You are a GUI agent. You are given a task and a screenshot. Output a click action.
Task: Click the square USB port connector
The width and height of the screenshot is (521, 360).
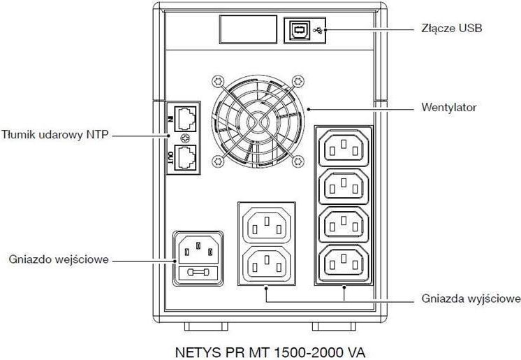point(297,30)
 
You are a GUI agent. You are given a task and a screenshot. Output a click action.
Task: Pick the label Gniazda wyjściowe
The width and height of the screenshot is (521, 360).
point(471,299)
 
